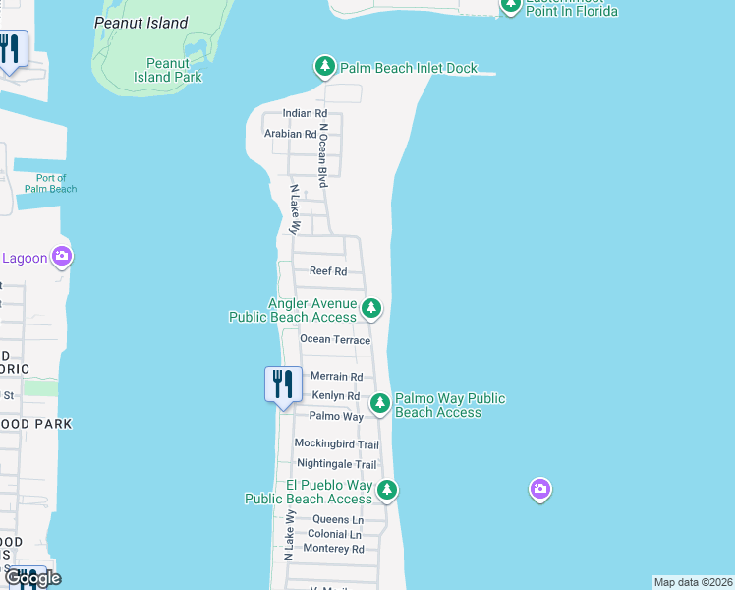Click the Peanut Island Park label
point(168,70)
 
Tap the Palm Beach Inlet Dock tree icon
point(324,67)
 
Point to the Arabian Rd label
point(290,134)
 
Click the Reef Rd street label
point(328,271)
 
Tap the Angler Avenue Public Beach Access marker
point(370,309)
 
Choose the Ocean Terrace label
point(335,340)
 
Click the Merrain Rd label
point(336,377)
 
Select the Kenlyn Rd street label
point(336,396)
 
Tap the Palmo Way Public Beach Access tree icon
point(379,403)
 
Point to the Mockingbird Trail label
point(337,444)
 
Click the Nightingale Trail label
point(337,464)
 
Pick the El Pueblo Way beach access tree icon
point(387,489)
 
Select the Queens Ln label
point(338,519)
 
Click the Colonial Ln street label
point(334,535)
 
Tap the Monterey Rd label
point(334,549)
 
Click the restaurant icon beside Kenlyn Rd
point(283,383)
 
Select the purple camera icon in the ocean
point(539,489)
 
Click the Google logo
point(33,578)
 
